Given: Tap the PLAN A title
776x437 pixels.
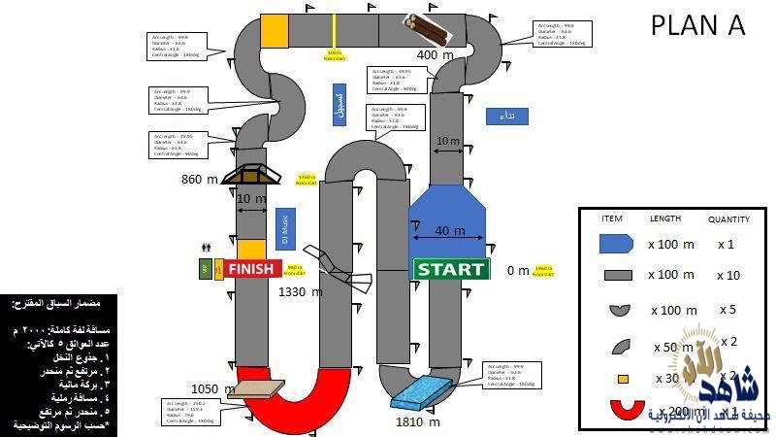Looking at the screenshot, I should [x=697, y=26].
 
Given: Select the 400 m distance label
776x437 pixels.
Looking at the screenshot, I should [x=435, y=55].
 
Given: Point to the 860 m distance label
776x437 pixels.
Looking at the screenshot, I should [x=199, y=179].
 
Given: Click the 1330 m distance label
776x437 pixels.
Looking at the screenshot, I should [x=300, y=291].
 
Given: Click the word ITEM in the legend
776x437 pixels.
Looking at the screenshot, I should [x=612, y=218].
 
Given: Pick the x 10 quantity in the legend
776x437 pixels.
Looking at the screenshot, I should [x=728, y=276].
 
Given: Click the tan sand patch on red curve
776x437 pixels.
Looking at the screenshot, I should [x=257, y=389].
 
